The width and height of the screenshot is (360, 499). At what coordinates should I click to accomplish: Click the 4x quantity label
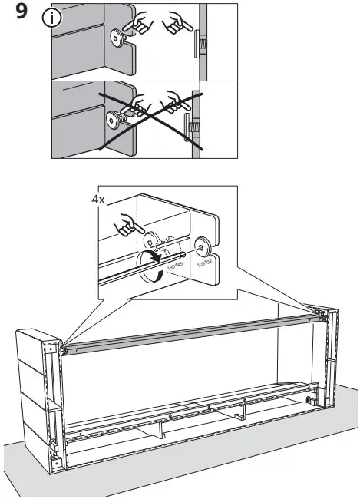tap(98, 199)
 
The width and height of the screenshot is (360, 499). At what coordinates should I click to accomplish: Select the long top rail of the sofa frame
tap(192, 330)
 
